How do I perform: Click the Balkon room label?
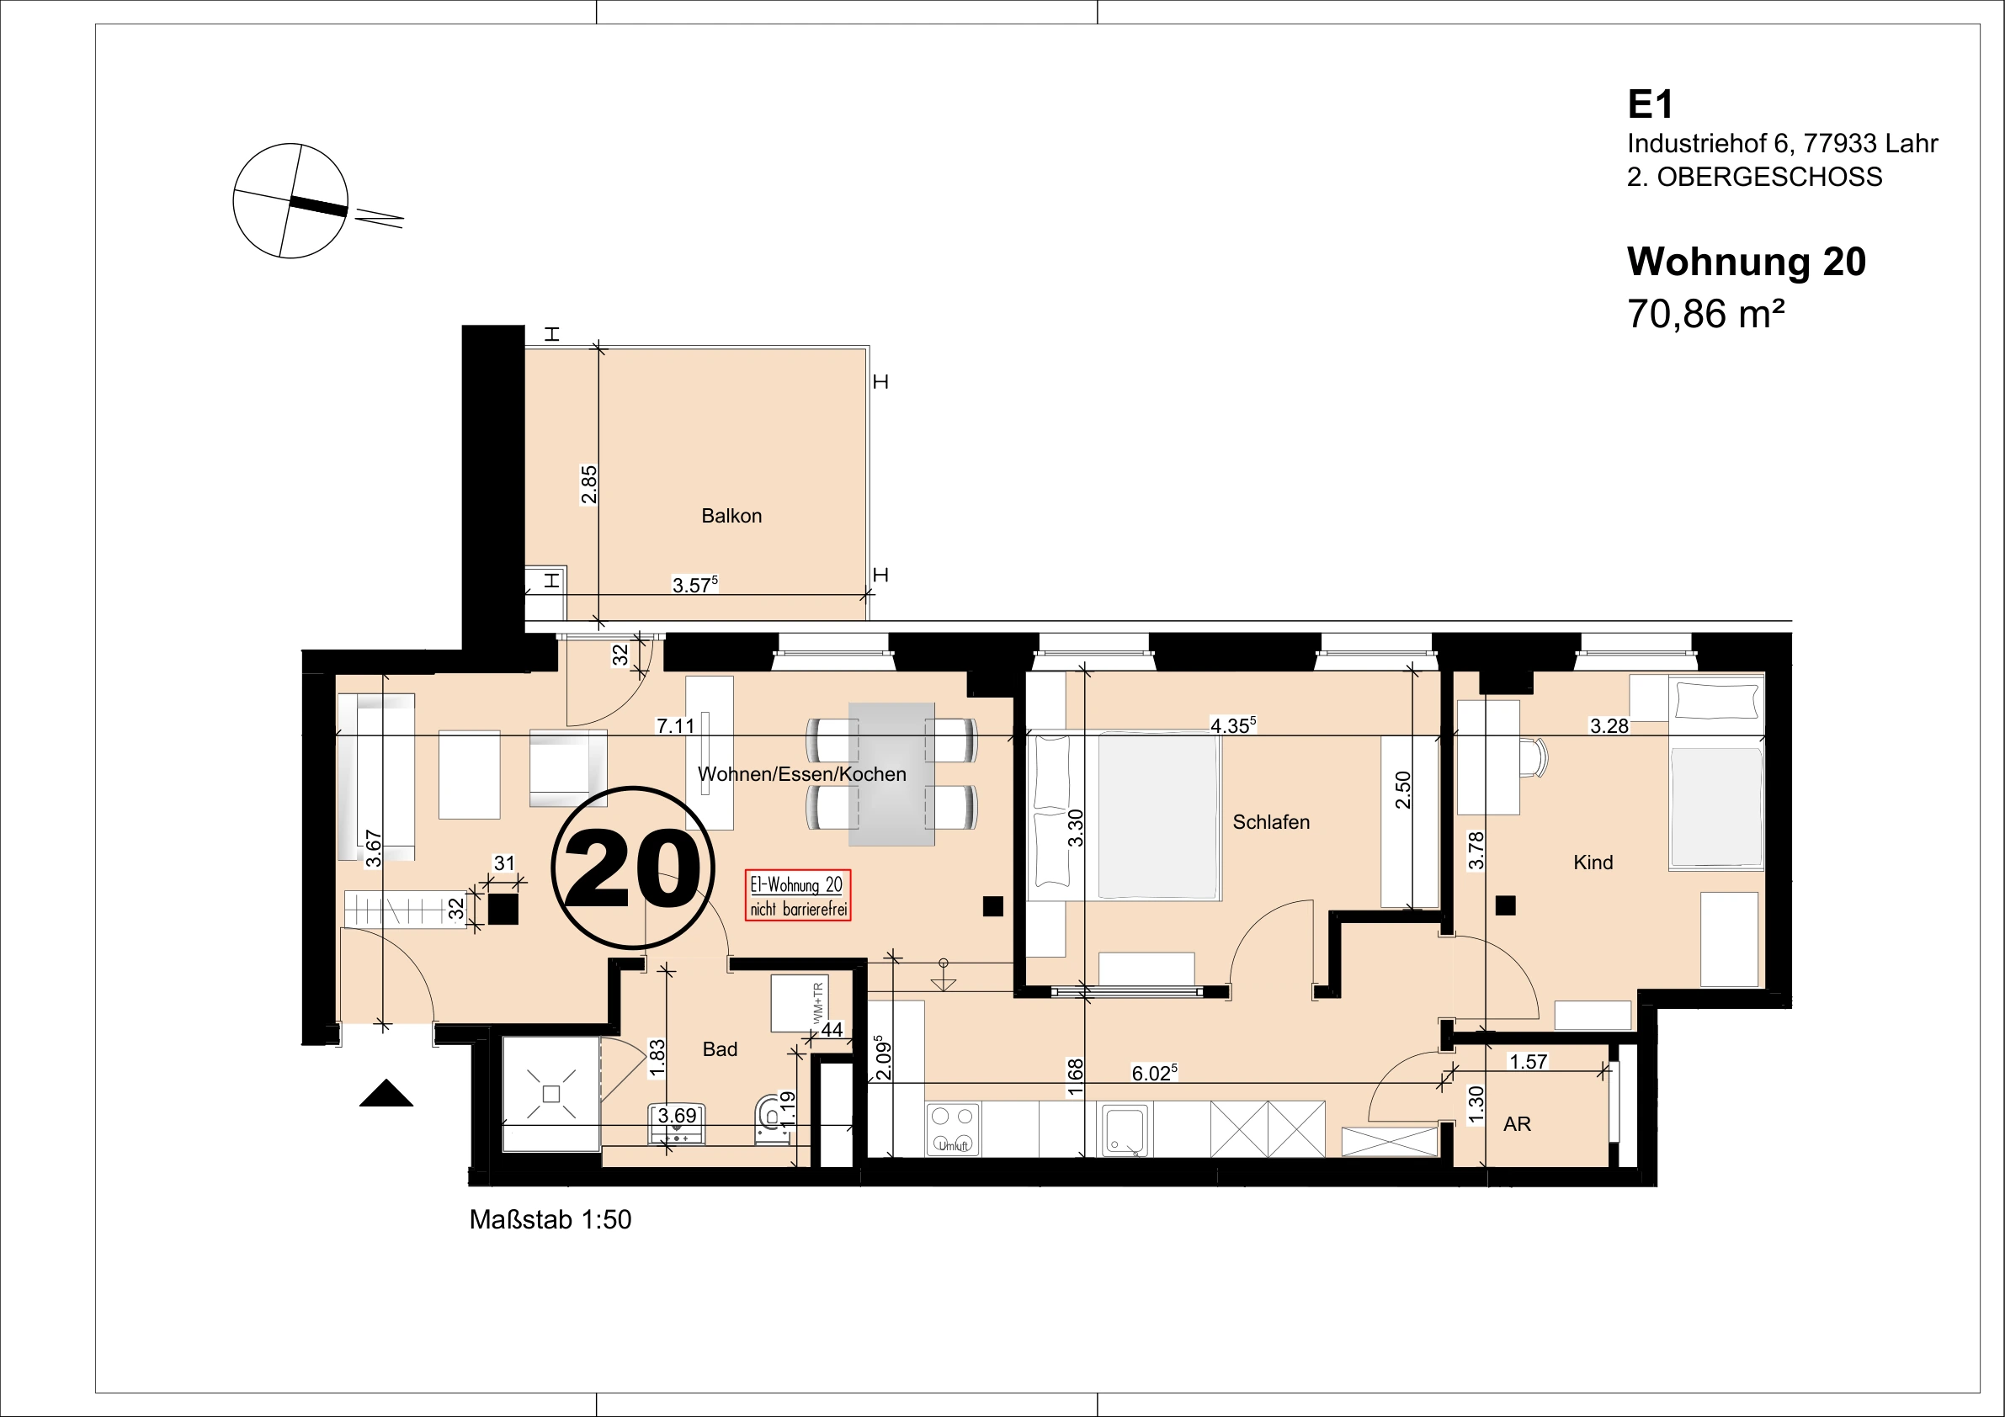(731, 516)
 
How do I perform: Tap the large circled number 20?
(633, 868)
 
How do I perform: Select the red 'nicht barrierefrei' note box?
(798, 896)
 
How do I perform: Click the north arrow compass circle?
(290, 201)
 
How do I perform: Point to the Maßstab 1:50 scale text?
(550, 1220)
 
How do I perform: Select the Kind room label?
(1593, 862)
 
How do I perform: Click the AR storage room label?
(1517, 1124)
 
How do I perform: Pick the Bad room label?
(720, 1049)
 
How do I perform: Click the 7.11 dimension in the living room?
(675, 725)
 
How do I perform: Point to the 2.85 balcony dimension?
(589, 485)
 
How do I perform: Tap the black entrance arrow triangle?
(386, 1093)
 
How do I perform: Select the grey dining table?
(891, 774)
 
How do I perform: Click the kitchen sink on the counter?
(1125, 1130)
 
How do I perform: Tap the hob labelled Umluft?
(953, 1129)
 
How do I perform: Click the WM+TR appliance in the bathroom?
(799, 1003)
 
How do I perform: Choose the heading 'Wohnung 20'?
(1746, 262)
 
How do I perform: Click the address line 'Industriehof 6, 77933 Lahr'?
(1782, 143)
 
